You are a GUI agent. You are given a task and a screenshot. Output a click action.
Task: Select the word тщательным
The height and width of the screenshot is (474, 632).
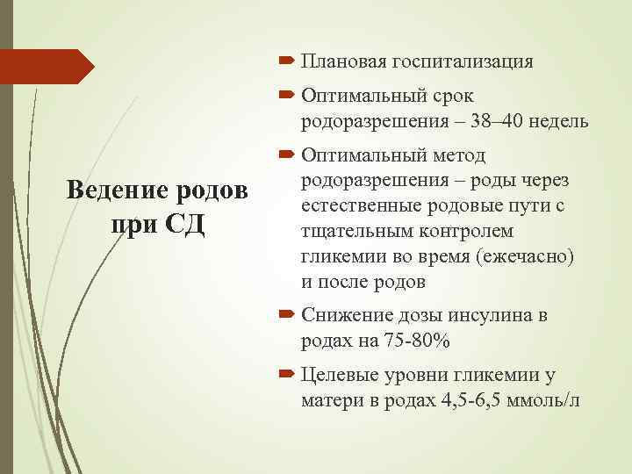click(350, 230)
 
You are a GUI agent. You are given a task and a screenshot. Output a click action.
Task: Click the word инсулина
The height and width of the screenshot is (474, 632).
click(483, 316)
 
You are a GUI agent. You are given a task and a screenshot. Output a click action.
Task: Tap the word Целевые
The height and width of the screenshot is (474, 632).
click(337, 376)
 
